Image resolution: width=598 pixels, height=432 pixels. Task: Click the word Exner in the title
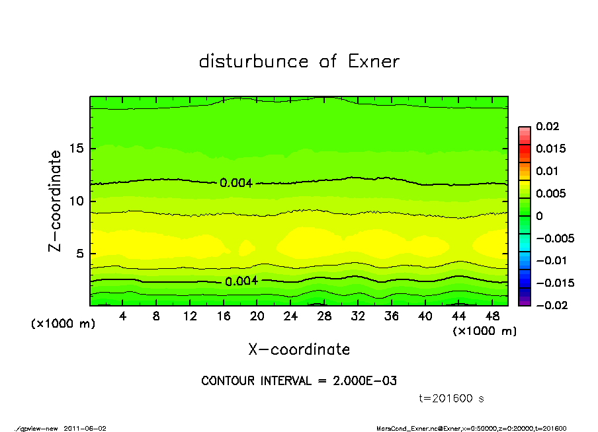pyautogui.click(x=373, y=61)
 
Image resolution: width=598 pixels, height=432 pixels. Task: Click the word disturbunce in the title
pyautogui.click(x=254, y=61)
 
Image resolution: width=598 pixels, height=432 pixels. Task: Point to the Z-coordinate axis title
pyautogui.click(x=55, y=201)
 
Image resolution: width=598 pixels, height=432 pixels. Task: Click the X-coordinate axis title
pyautogui.click(x=299, y=349)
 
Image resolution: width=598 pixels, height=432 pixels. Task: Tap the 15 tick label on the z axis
pyautogui.click(x=76, y=149)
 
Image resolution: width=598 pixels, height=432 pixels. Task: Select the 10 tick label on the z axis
pyautogui.click(x=76, y=201)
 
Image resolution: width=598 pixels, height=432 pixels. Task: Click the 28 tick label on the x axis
pyautogui.click(x=323, y=316)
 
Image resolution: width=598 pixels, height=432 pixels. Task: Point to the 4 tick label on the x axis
pyautogui.click(x=122, y=316)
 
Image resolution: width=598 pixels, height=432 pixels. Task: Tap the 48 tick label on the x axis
pyautogui.click(x=491, y=316)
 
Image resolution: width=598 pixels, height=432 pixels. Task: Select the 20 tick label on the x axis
pyautogui.click(x=257, y=316)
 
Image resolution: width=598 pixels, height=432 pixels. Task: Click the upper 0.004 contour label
pyautogui.click(x=236, y=182)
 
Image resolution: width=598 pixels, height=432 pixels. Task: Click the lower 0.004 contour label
pyautogui.click(x=241, y=281)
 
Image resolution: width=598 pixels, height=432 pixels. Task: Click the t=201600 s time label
pyautogui.click(x=452, y=398)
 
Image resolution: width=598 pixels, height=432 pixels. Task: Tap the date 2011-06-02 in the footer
pyautogui.click(x=85, y=428)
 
